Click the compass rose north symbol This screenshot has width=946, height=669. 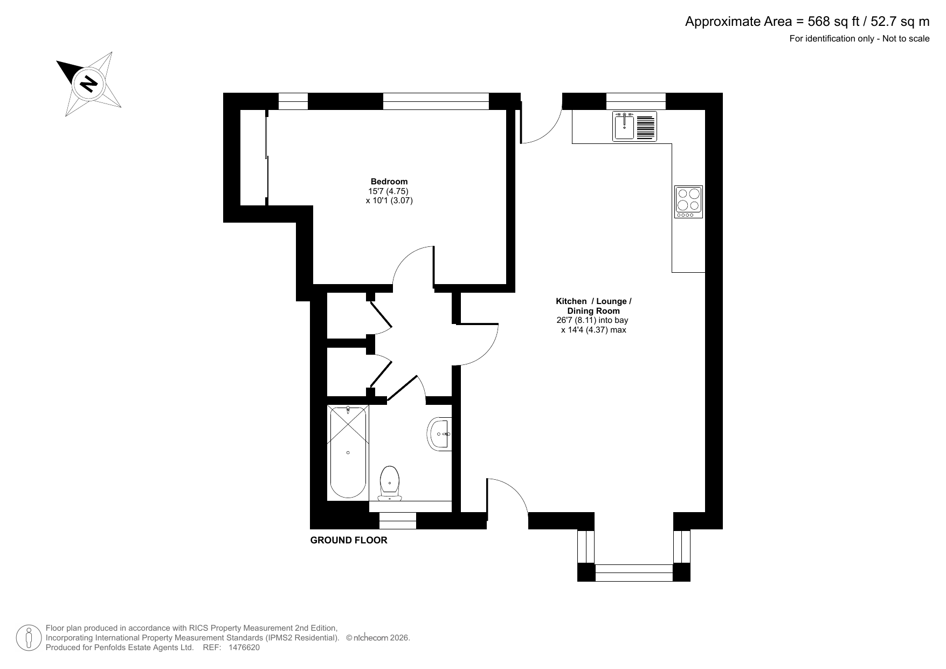pyautogui.click(x=88, y=84)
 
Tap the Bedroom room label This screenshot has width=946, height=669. pyautogui.click(x=389, y=182)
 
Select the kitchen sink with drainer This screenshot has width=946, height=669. pyautogui.click(x=634, y=126)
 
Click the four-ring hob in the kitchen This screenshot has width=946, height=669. pyautogui.click(x=689, y=202)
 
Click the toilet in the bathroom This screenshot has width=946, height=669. pyautogui.click(x=390, y=483)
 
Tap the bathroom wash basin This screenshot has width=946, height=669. pyautogui.click(x=439, y=433)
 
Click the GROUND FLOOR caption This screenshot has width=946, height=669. pyautogui.click(x=349, y=540)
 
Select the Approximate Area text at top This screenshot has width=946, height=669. pyautogui.click(x=807, y=22)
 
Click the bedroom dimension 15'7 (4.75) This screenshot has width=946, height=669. pyautogui.click(x=388, y=191)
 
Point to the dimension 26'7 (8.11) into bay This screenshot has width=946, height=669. pyautogui.click(x=592, y=320)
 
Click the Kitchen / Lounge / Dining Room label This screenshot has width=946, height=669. pyautogui.click(x=593, y=306)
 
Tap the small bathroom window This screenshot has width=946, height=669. pyautogui.click(x=398, y=521)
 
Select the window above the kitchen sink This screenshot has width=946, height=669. pyautogui.click(x=636, y=101)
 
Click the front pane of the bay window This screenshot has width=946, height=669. pyautogui.click(x=634, y=573)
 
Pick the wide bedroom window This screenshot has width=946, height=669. pyautogui.click(x=436, y=101)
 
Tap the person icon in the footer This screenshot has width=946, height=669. pyautogui.click(x=29, y=638)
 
